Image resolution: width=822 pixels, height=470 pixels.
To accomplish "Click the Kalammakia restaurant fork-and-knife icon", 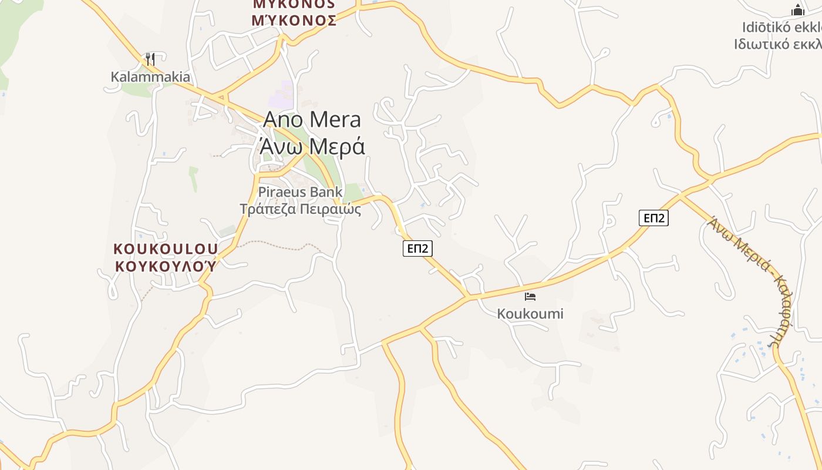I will [x=150, y=59].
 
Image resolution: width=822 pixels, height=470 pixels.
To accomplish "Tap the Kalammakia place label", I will [x=150, y=77].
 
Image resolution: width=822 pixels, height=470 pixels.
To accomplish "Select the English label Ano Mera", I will [x=312, y=120].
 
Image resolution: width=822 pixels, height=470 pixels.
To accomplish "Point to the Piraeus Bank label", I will [x=300, y=192].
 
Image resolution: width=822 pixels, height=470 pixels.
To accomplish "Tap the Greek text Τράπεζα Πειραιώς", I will [x=300, y=209].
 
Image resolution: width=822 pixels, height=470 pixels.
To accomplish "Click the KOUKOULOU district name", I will [x=166, y=249].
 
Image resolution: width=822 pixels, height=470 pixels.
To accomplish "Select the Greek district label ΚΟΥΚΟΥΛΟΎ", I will [x=166, y=266].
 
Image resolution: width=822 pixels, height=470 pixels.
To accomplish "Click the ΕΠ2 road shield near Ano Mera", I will [x=417, y=249].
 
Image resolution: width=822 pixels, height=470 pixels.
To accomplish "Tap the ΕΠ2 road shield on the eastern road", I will [x=653, y=218].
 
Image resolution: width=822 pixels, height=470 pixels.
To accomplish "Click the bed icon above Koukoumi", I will [x=530, y=297].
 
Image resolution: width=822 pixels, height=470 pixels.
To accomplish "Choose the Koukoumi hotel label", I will [x=530, y=314].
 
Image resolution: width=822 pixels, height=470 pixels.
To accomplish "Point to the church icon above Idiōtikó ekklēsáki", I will [x=797, y=10].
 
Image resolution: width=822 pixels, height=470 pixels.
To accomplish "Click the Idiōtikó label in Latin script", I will [x=781, y=28].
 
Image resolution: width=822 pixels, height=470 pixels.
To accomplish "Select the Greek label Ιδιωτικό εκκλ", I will [x=778, y=44].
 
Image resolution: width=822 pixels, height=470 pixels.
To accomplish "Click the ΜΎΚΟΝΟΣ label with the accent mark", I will [x=294, y=21].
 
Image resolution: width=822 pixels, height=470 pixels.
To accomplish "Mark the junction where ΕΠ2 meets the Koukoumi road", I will [x=469, y=297].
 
